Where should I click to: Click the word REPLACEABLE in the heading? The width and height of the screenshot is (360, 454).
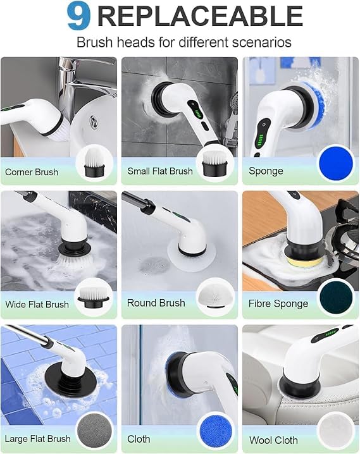[x=199, y=16]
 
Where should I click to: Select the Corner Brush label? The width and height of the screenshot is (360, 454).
[x=32, y=172]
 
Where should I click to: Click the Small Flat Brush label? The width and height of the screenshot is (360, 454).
[x=160, y=171]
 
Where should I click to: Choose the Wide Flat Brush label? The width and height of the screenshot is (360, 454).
[x=37, y=305]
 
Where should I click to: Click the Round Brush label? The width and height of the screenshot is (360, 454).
[x=156, y=304]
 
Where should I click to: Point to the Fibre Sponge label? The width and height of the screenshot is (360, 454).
[x=278, y=304]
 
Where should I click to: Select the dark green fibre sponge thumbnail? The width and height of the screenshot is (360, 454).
[x=336, y=296]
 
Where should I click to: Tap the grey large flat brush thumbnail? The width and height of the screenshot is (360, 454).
[x=94, y=431]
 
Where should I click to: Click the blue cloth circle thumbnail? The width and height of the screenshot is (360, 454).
[x=215, y=431]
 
